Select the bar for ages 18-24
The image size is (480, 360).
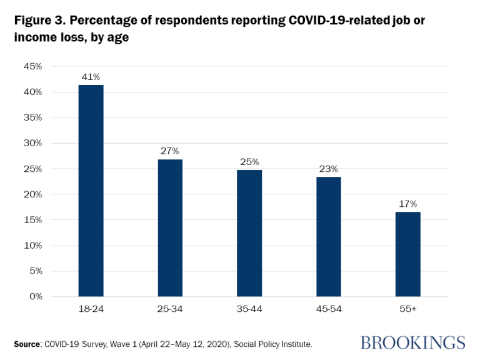pyautogui.click(x=91, y=191)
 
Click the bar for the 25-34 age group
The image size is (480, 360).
pyautogui.click(x=170, y=227)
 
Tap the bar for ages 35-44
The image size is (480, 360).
pyautogui.click(x=249, y=232)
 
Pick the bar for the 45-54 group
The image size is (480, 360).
pyautogui.click(x=329, y=236)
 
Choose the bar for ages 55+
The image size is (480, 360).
pyautogui.click(x=407, y=254)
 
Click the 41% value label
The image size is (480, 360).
pyautogui.click(x=91, y=77)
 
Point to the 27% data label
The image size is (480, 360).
pyautogui.click(x=170, y=151)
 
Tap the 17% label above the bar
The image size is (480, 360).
pyautogui.click(x=407, y=204)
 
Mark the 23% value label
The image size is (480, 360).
pyautogui.click(x=329, y=169)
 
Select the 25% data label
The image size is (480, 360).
pyautogui.click(x=249, y=162)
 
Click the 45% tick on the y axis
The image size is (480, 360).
pyautogui.click(x=32, y=66)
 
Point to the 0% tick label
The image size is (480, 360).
pyautogui.click(x=34, y=296)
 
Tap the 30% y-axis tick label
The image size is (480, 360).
pyautogui.click(x=32, y=143)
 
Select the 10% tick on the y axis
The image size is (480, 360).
pyautogui.click(x=32, y=245)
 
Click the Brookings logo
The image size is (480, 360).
pyautogui.click(x=412, y=342)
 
